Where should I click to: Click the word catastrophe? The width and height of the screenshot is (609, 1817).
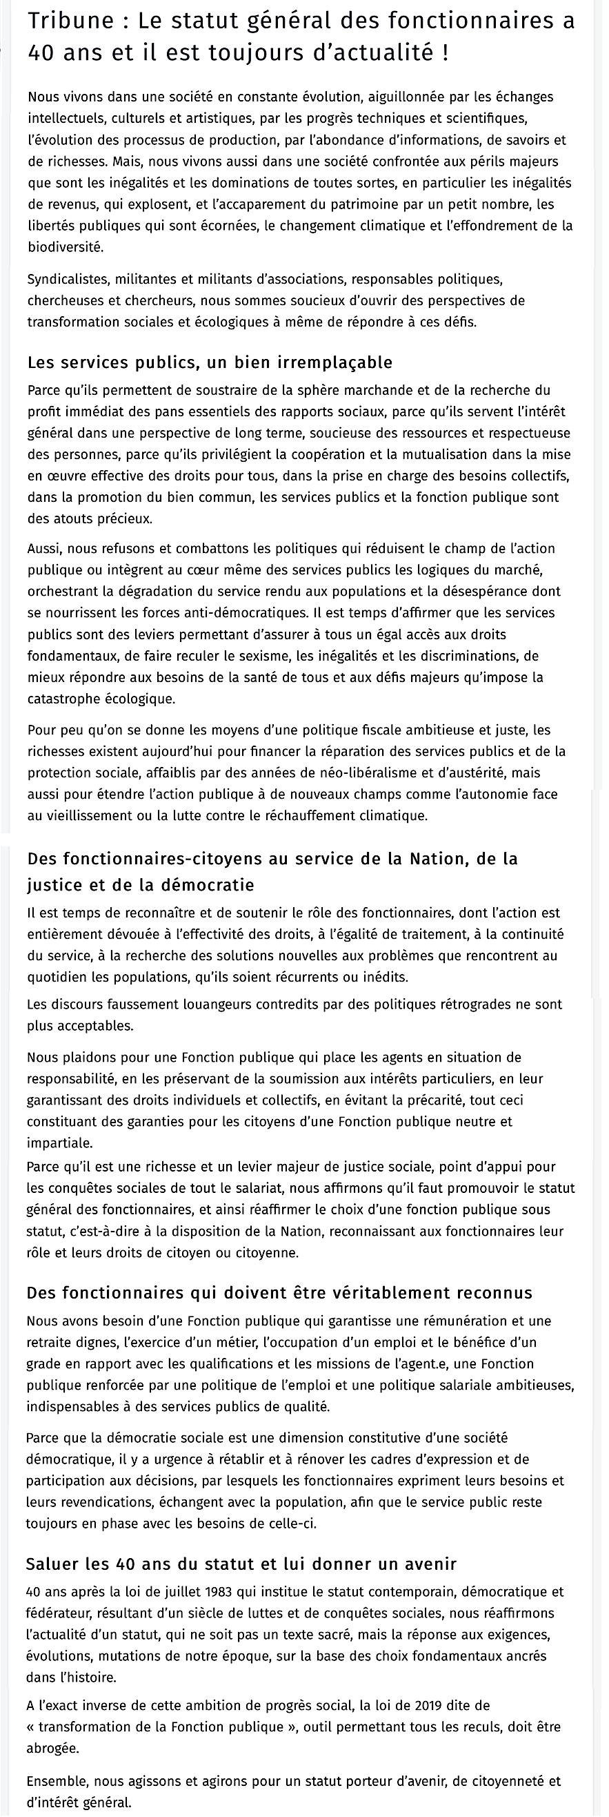point(62,699)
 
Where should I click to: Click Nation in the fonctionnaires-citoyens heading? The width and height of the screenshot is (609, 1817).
point(435,859)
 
